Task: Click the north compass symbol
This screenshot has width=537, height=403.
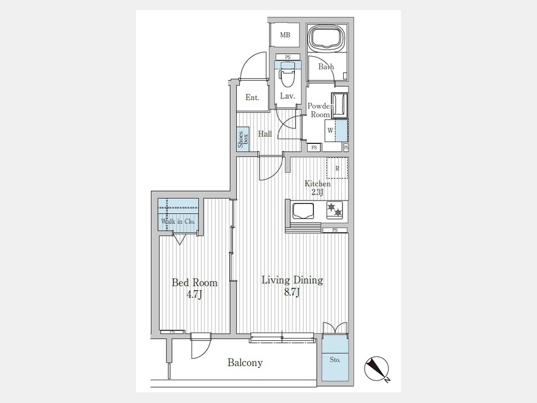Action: click(376, 369)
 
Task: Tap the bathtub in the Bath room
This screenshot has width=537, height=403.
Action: click(327, 38)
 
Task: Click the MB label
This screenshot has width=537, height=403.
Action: click(285, 35)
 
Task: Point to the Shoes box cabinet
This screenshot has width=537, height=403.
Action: click(243, 139)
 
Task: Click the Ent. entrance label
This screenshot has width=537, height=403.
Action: click(252, 98)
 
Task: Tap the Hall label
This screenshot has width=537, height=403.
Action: click(265, 134)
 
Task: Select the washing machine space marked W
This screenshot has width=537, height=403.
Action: click(337, 130)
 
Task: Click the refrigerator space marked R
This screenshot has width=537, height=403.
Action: click(337, 168)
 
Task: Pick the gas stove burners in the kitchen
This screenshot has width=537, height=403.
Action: click(335, 210)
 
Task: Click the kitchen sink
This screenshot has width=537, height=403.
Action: click(303, 211)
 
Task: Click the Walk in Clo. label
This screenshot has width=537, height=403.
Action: click(178, 222)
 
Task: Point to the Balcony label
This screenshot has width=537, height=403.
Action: click(245, 362)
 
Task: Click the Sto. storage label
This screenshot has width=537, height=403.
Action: click(335, 360)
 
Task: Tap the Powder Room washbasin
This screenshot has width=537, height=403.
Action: click(340, 105)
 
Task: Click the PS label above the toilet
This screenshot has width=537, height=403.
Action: click(288, 57)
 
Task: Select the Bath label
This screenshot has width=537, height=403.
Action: click(326, 66)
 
